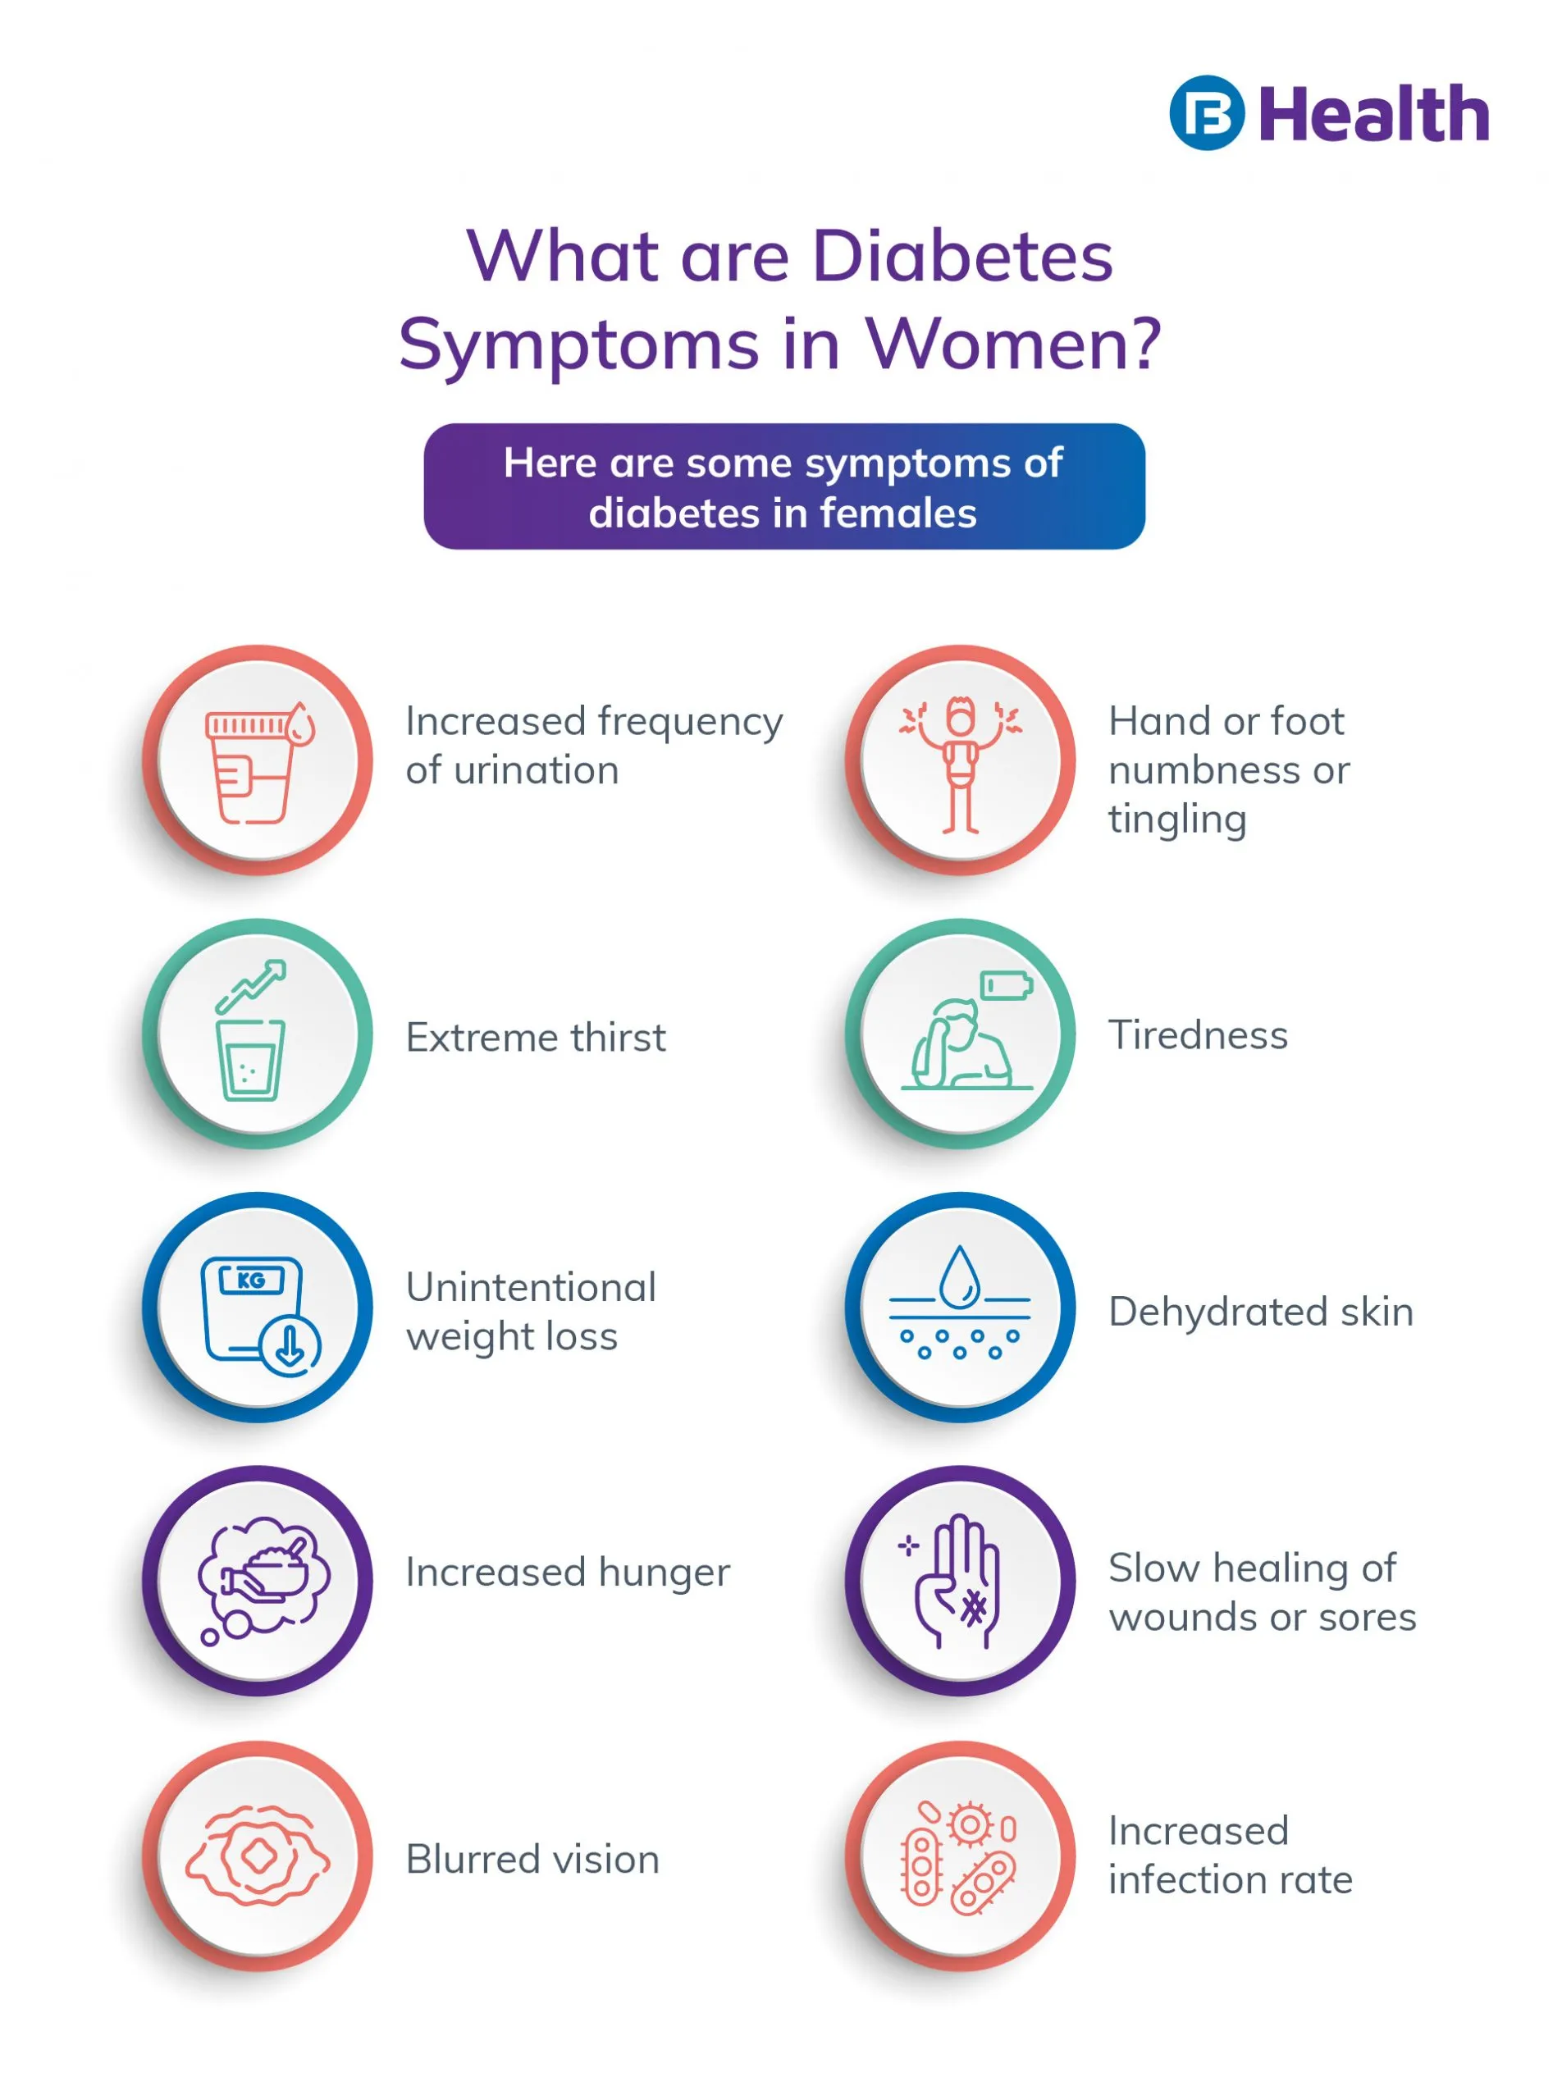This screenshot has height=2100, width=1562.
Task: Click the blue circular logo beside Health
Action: [1207, 112]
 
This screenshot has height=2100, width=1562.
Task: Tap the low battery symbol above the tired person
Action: [1006, 985]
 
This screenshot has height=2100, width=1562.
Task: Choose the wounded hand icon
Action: [957, 1582]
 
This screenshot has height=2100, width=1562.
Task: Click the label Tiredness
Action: [1197, 1035]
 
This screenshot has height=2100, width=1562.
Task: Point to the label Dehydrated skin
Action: [1260, 1312]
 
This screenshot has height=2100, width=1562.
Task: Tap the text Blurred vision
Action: [532, 1859]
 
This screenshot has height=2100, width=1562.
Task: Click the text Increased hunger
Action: [568, 1573]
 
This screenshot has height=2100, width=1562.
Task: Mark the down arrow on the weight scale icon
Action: [290, 1345]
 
